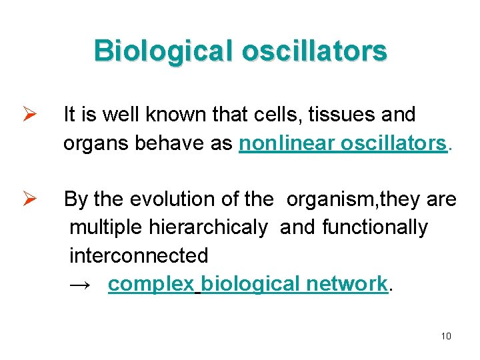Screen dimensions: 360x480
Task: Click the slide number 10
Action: tap(446, 335)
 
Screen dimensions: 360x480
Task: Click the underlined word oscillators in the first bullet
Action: tap(393, 143)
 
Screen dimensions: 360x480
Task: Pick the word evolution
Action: tap(166, 199)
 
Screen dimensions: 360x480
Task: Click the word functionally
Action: tap(374, 227)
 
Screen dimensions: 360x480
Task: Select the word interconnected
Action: tap(139, 255)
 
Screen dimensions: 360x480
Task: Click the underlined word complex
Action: tap(151, 284)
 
